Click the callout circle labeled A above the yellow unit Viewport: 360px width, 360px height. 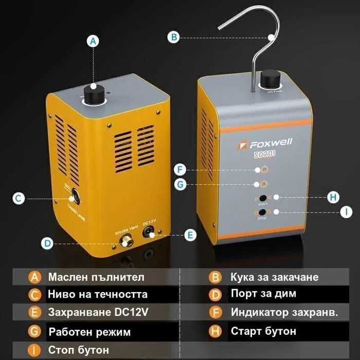(93, 42)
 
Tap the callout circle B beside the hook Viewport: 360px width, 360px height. (174, 37)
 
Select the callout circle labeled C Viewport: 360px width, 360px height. (19, 198)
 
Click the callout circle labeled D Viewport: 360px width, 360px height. (47, 243)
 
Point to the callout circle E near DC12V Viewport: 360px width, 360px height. (190, 235)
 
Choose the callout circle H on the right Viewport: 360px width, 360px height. (334, 197)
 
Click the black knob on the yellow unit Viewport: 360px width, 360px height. (94, 95)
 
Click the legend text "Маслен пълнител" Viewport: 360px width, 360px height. (96, 277)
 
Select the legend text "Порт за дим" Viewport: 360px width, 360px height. (263, 294)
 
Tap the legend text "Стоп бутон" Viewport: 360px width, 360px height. (79, 350)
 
